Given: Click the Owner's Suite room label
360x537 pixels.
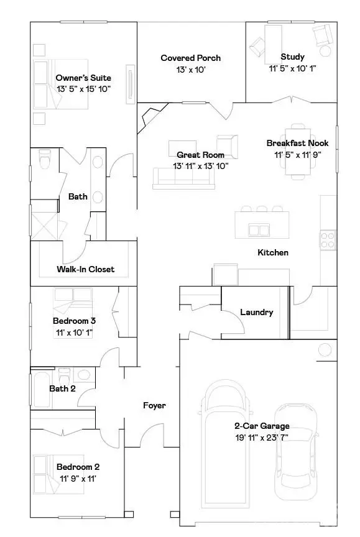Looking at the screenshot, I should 83,78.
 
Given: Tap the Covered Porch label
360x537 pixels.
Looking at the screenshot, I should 190,58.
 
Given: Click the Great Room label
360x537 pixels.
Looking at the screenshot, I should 200,155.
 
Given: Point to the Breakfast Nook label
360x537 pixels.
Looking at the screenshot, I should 297,143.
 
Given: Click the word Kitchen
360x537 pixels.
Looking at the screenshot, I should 273,252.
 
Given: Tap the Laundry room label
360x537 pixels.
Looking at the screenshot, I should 256,312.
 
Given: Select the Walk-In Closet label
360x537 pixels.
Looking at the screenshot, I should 85,269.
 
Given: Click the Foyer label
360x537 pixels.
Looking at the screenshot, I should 154,405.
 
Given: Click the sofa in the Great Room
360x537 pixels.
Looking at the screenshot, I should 183,178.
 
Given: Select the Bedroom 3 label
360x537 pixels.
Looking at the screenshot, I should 74,321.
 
